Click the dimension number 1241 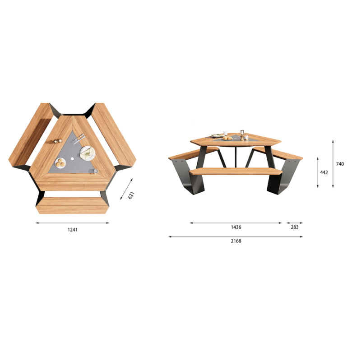[73, 230]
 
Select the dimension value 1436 [236, 227]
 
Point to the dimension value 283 [295, 227]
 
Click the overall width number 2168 [236, 241]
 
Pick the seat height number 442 [324, 172]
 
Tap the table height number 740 [340, 164]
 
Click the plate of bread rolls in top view [60, 163]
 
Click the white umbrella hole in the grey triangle [73, 160]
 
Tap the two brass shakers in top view [57, 141]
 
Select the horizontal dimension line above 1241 [72, 223]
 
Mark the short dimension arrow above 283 [295, 222]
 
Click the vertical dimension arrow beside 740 [333, 164]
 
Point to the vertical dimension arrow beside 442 [318, 172]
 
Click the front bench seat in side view [236, 171]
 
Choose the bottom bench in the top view [72, 205]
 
